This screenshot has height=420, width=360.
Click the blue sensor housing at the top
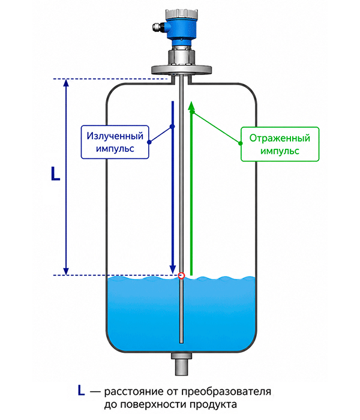pos(181,27)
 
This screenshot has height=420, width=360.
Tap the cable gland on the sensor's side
pos(158,26)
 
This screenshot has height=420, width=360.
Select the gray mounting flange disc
pos(181,70)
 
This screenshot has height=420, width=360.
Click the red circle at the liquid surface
pos(181,275)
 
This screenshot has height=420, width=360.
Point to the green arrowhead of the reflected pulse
pos(191,106)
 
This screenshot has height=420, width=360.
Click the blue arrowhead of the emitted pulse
pos(173,269)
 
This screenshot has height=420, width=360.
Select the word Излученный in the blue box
pos(115,136)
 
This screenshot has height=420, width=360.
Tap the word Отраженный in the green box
pos(280,138)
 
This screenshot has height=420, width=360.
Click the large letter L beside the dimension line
pos(55,173)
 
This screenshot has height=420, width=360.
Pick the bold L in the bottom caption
pos(81,391)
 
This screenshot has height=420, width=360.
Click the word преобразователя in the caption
pos(226,391)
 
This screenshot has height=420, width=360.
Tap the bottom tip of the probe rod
pos(181,343)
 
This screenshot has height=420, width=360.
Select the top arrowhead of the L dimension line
pos(66,83)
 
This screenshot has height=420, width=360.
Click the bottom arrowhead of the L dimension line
pos(66,271)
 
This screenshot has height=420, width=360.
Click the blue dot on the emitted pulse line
pos(173,127)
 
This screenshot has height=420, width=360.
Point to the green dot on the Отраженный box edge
pos(241,143)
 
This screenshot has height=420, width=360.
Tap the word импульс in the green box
pos(280,151)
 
